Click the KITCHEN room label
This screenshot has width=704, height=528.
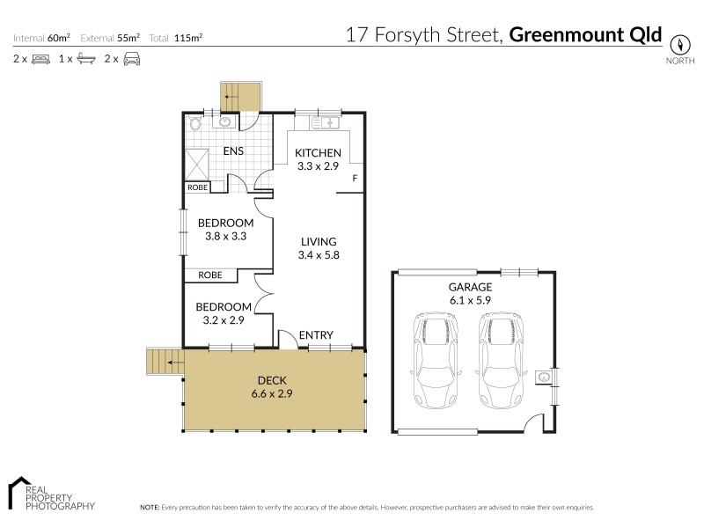[x=318, y=153]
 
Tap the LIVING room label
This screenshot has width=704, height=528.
[x=318, y=241]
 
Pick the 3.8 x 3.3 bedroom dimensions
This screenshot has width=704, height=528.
[x=225, y=236]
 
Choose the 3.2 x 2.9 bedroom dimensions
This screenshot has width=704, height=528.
[x=224, y=319]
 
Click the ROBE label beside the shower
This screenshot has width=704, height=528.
[x=196, y=187]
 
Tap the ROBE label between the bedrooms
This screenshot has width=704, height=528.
[x=209, y=275]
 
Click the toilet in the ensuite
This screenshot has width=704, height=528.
[x=194, y=124]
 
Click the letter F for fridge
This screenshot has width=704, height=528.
[x=355, y=180]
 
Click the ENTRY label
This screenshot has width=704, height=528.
[x=315, y=335]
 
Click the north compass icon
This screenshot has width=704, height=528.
[x=680, y=43]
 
